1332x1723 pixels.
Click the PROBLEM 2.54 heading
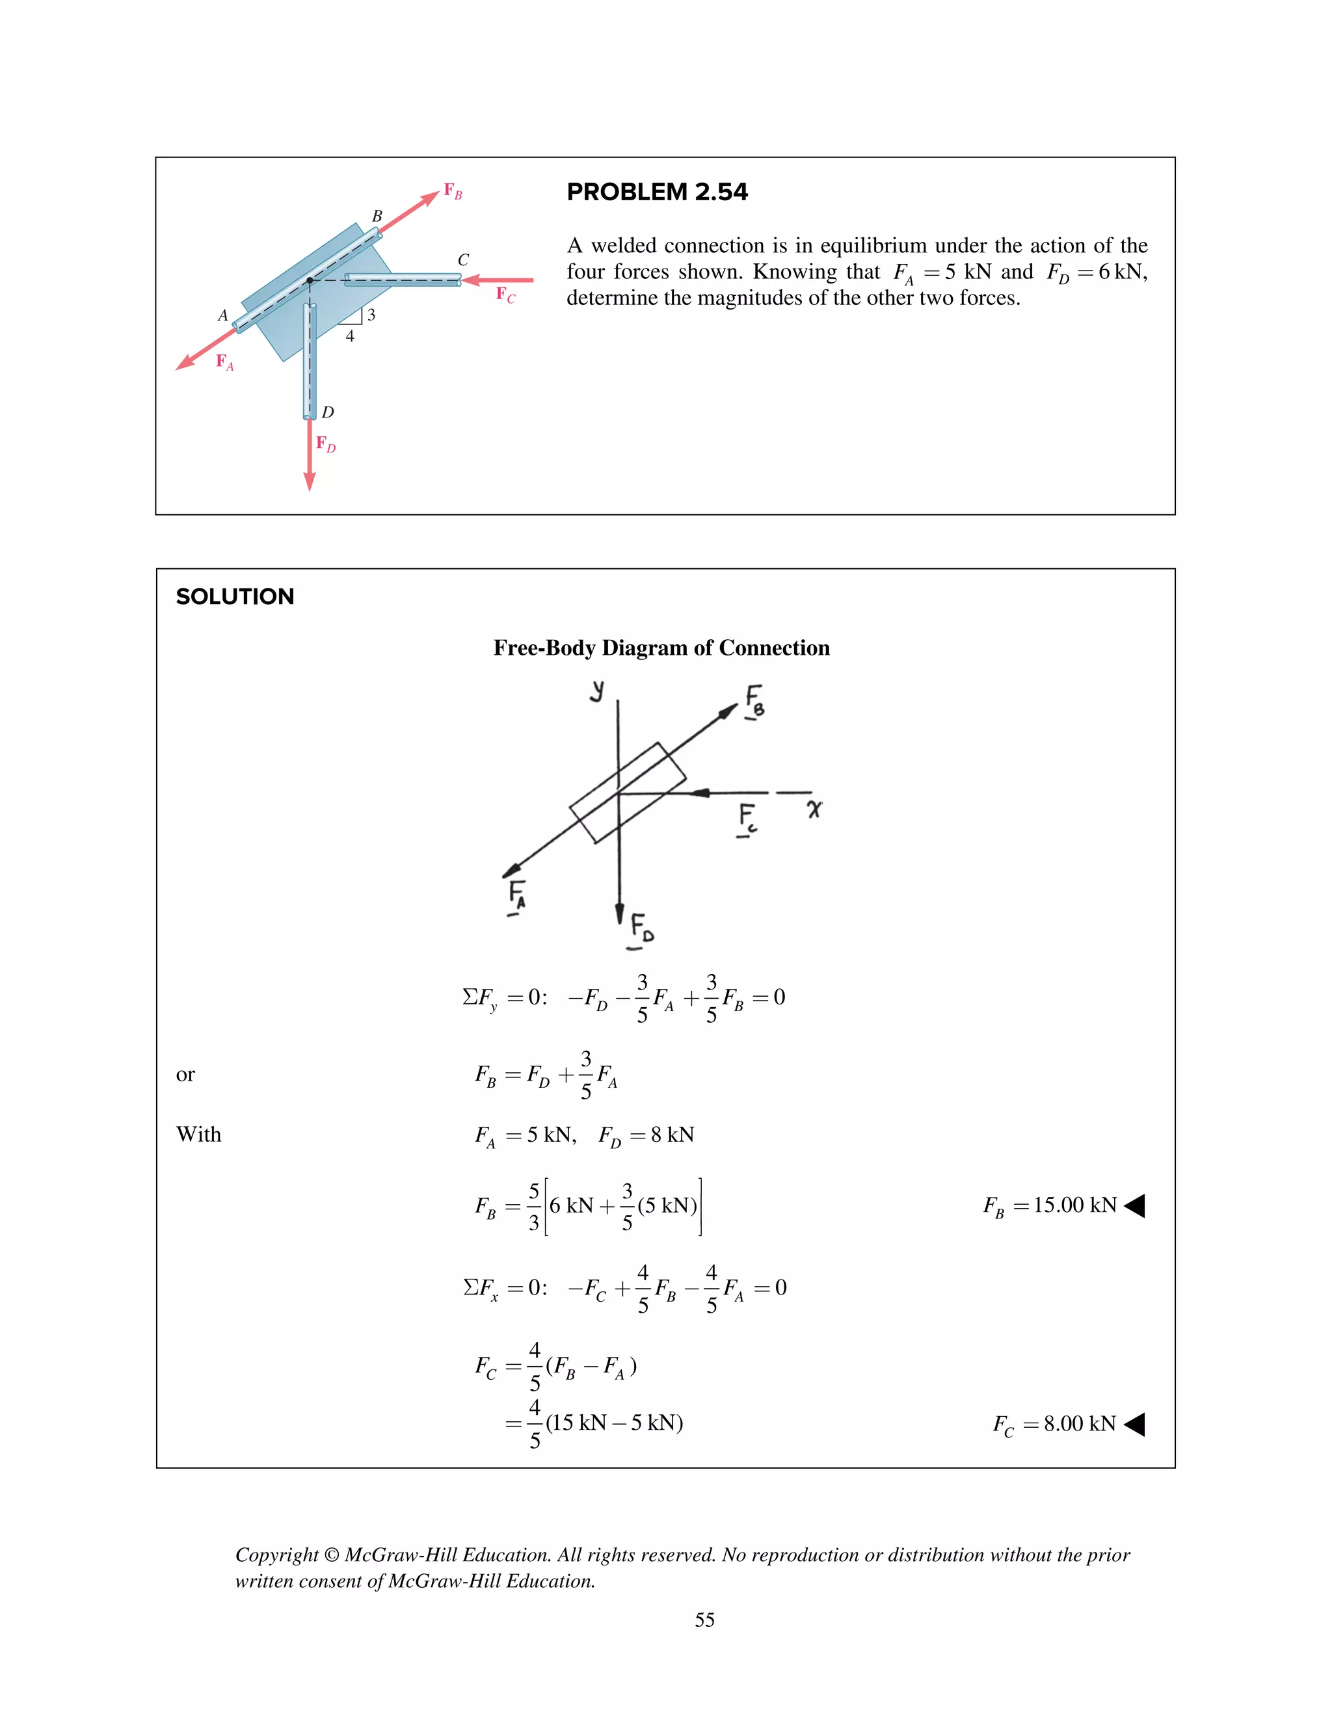click(x=656, y=192)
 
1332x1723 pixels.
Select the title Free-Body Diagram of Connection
click(x=661, y=648)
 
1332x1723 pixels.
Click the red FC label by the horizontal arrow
click(x=505, y=295)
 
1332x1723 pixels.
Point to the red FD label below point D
click(x=325, y=443)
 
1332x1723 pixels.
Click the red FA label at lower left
click(x=225, y=362)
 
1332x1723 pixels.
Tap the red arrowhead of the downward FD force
click(x=310, y=482)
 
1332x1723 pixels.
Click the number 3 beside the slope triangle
click(x=371, y=315)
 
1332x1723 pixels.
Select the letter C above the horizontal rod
click(x=463, y=259)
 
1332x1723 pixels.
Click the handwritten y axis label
click(x=597, y=691)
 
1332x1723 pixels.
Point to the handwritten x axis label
click(x=814, y=809)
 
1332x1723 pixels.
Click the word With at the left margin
click(x=199, y=1135)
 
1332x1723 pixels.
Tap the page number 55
click(x=704, y=1620)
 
